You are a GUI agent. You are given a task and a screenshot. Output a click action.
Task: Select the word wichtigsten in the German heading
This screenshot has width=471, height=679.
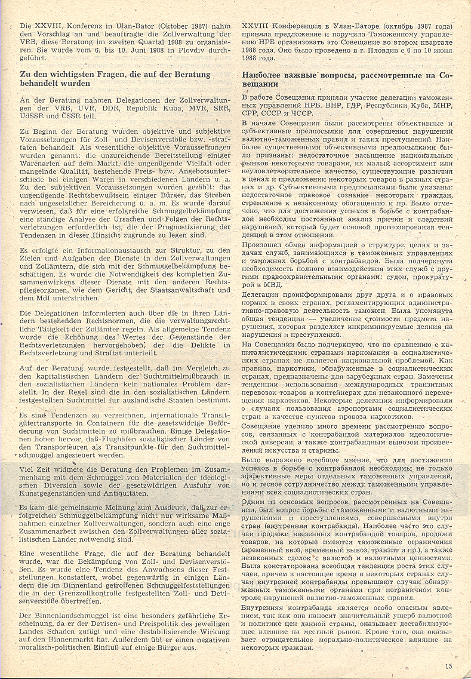pos(63,75)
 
